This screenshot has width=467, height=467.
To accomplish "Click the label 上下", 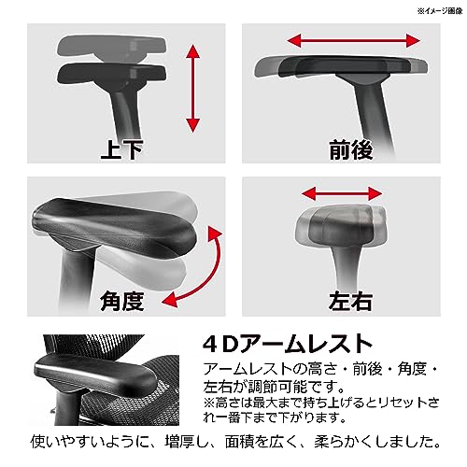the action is (121, 150).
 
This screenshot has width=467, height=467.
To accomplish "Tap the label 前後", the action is (351, 150).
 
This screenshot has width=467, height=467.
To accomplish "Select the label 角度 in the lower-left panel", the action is (121, 301).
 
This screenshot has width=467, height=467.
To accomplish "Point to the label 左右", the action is (350, 301).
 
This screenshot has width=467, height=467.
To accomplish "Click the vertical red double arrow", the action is (193, 89).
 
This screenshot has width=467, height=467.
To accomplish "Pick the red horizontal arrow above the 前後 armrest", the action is (353, 41).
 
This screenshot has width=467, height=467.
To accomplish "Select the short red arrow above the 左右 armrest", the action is (342, 193).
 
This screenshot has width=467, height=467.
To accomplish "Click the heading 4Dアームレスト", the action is (287, 344).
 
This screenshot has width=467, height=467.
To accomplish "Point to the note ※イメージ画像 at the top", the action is (440, 11).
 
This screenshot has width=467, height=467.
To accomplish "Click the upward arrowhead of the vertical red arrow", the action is (193, 51).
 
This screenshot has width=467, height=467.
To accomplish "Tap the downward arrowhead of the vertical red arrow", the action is (193, 126).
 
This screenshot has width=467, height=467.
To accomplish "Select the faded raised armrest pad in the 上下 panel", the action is (112, 48).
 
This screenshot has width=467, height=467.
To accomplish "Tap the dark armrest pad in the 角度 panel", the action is (114, 227).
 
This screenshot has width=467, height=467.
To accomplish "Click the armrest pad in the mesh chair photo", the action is (96, 375).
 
